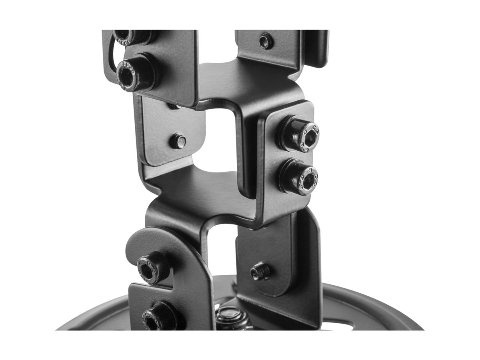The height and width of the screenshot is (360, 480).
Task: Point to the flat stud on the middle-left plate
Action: click(178, 141)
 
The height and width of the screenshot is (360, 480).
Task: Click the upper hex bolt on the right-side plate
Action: click(300, 134)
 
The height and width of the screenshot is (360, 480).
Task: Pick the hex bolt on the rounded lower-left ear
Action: click(153, 267)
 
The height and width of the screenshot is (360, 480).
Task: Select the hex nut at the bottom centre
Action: click(230, 318)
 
